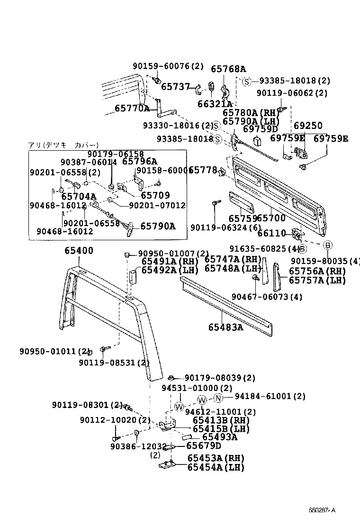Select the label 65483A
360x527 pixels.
click(225, 327)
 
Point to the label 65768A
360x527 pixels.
click(228, 69)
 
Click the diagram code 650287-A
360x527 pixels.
click(322, 510)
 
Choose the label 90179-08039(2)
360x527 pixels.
click(220, 378)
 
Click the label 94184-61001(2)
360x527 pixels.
click(270, 396)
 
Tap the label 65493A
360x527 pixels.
click(220, 437)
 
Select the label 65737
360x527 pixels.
click(176, 87)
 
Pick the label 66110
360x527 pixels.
click(271, 233)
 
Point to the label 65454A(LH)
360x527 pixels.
click(216, 467)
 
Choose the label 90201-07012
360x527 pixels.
click(157, 205)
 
